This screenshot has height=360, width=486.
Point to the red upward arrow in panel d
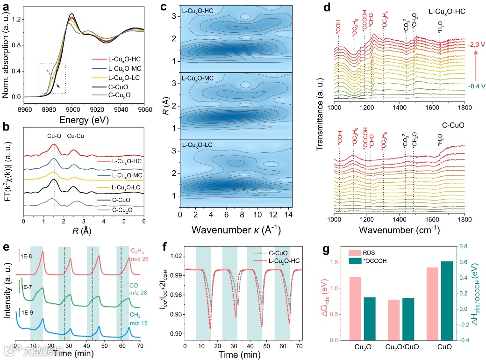tap(475, 64)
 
